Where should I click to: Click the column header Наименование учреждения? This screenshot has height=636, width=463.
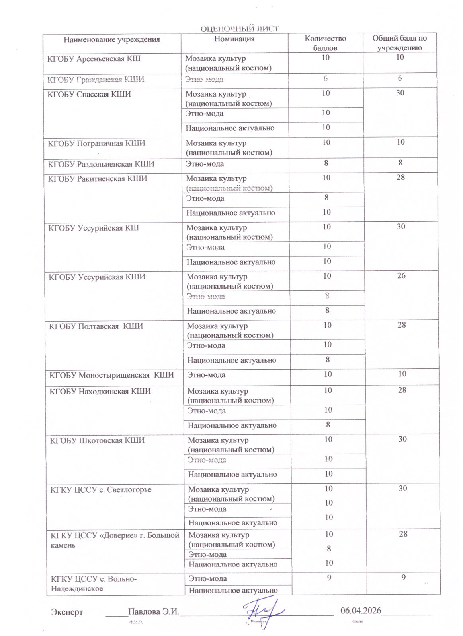(x=111, y=39)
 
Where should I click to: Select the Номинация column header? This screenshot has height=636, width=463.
(x=234, y=39)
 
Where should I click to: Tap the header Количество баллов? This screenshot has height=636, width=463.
(x=325, y=43)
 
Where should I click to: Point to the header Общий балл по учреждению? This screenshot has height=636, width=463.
(x=399, y=43)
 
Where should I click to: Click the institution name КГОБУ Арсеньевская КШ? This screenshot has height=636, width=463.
(x=94, y=59)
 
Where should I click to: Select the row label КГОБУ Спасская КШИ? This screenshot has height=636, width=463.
(x=89, y=95)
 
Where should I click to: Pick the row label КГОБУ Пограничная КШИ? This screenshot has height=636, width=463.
(x=96, y=143)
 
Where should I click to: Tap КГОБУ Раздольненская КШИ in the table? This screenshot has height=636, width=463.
(x=101, y=164)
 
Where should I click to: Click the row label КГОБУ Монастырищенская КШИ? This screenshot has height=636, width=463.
(x=111, y=375)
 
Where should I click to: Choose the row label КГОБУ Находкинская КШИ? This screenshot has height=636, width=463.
(x=100, y=392)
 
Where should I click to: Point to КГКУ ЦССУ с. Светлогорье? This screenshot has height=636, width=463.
(x=101, y=490)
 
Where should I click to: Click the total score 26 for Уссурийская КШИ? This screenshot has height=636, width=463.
(x=401, y=276)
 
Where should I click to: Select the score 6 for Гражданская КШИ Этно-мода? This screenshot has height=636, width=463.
(x=326, y=79)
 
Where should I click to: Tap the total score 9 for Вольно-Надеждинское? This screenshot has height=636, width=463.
(x=404, y=578)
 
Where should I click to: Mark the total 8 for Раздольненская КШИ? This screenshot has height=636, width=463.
(x=400, y=163)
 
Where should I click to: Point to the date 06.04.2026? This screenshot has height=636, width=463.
(x=361, y=611)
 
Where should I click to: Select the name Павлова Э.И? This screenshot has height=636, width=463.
(x=153, y=611)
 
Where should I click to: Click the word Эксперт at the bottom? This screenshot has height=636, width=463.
(x=67, y=612)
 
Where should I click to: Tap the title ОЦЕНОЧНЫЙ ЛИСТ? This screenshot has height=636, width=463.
(x=239, y=29)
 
